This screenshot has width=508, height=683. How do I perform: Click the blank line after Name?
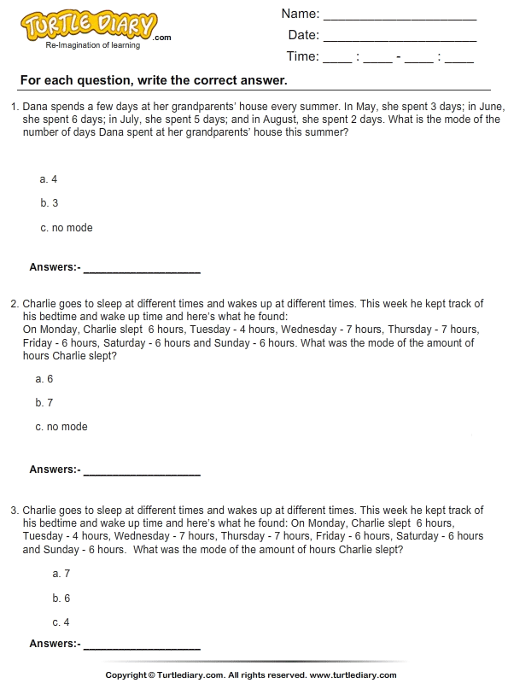tap(400, 16)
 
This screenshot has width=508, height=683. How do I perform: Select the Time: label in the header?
tap(303, 57)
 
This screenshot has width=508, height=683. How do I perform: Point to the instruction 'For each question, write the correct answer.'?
tap(153, 81)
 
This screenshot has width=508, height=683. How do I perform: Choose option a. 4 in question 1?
tap(49, 179)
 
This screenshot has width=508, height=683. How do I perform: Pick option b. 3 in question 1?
tap(49, 203)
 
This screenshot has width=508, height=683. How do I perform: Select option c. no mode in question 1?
tap(66, 228)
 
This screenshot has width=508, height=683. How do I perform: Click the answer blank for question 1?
tap(142, 270)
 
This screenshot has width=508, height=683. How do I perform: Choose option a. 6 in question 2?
tap(44, 379)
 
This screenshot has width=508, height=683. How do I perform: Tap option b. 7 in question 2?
tap(44, 403)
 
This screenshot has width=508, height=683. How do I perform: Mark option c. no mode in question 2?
tap(61, 427)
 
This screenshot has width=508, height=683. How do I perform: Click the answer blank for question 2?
tap(142, 472)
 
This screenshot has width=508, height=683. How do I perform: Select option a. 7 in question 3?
tap(61, 575)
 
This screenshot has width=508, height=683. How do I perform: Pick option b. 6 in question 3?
tap(61, 598)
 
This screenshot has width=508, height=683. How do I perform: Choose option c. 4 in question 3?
tap(61, 622)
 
